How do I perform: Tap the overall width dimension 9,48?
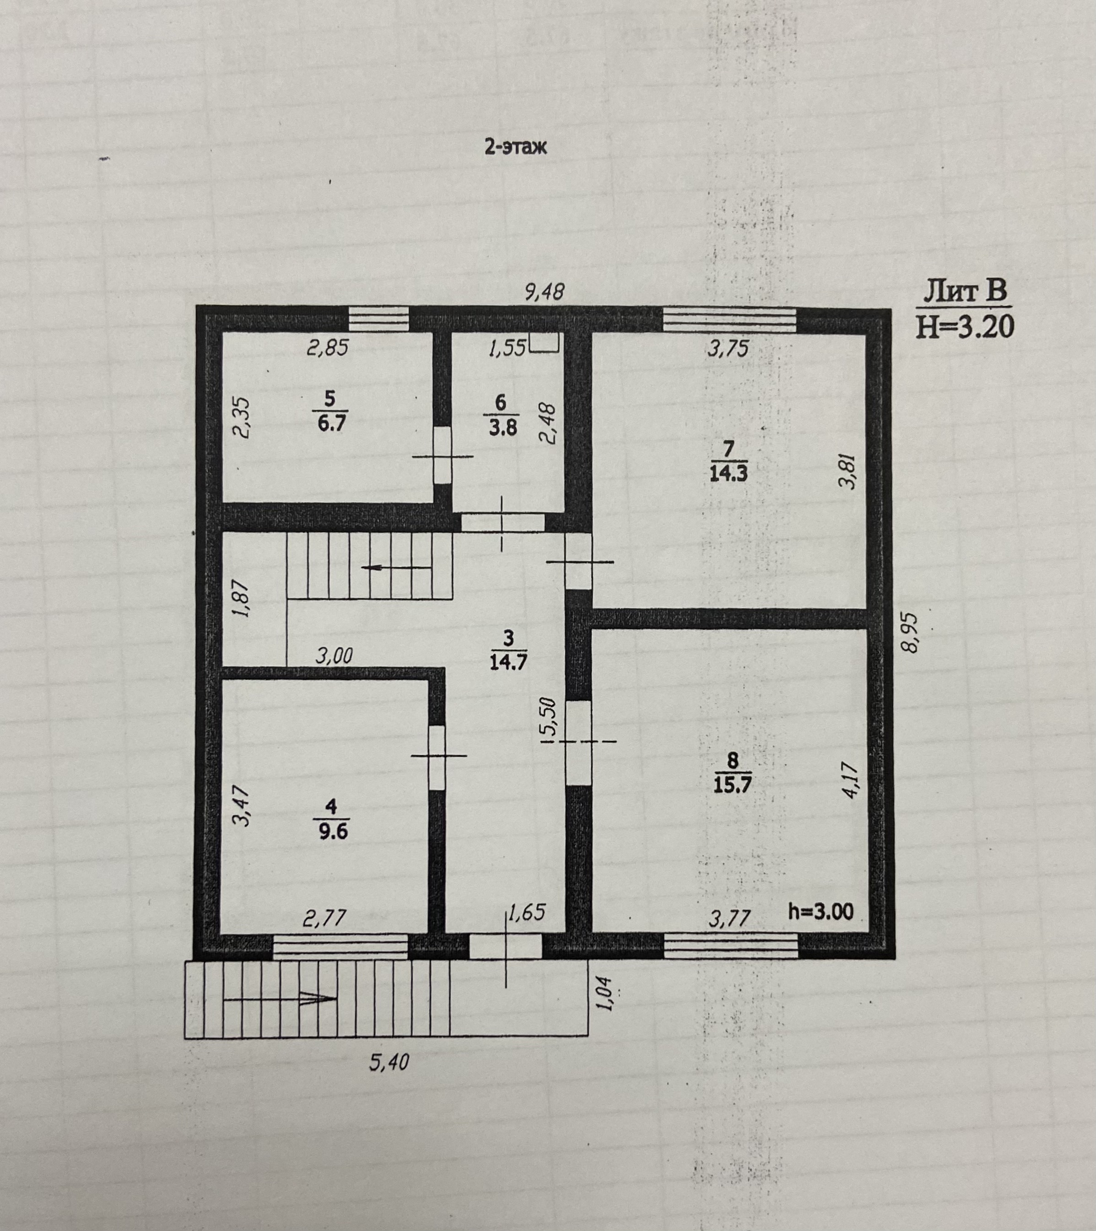tap(545, 292)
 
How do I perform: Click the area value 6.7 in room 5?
tap(332, 423)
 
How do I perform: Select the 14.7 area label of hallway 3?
tap(508, 662)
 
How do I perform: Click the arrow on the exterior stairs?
tap(280, 999)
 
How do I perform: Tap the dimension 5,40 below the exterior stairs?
tap(389, 1062)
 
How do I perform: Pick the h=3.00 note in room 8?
tap(821, 912)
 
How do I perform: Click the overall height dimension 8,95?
tap(909, 632)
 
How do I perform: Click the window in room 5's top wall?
tap(379, 319)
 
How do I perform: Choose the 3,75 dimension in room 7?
tap(728, 349)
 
